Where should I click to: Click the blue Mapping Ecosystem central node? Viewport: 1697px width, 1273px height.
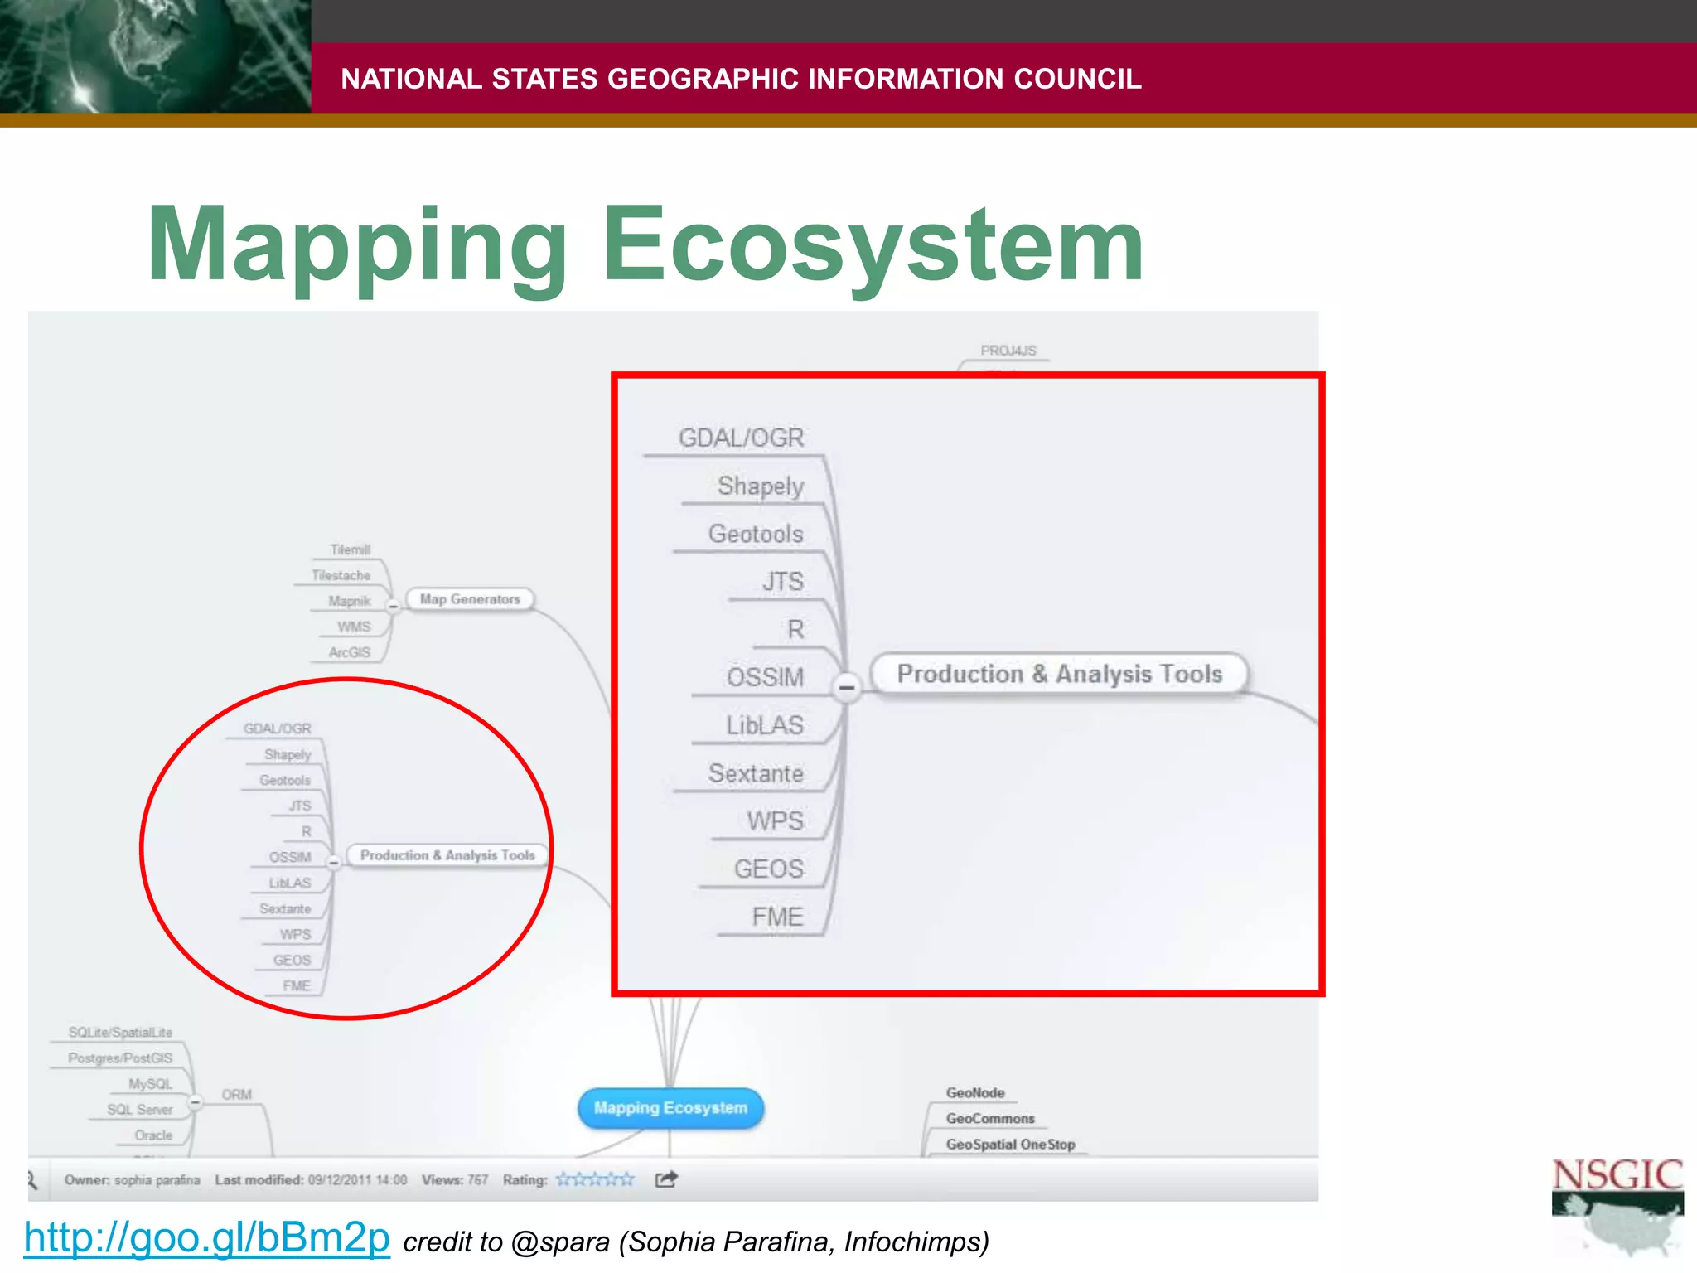pos(670,1108)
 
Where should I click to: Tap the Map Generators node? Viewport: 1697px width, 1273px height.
pos(470,599)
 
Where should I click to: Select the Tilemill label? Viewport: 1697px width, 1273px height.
pos(350,549)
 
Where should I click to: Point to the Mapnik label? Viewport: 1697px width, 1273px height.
pos(349,601)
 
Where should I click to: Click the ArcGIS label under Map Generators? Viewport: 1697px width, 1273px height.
pos(349,652)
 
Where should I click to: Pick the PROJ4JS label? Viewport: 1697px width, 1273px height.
pos(1008,351)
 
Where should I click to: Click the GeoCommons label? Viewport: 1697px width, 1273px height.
pos(990,1118)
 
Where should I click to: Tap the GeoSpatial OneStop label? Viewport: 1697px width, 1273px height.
pos(1010,1144)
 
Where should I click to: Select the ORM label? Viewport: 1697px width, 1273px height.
pos(236,1095)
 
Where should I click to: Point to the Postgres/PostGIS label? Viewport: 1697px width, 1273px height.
pos(120,1058)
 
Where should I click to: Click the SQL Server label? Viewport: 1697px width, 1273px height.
pos(139,1110)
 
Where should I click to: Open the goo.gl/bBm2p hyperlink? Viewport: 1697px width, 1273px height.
pos(206,1237)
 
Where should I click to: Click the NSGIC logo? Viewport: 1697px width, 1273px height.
pos(1617,1206)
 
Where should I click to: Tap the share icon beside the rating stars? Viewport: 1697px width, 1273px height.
pos(666,1179)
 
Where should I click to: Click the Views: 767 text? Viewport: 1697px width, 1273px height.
pos(454,1180)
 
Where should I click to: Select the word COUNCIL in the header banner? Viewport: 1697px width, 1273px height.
pos(1077,79)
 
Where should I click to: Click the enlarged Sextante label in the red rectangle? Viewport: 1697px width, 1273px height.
pos(755,773)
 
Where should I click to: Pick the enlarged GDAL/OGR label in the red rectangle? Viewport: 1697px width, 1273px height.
pos(741,438)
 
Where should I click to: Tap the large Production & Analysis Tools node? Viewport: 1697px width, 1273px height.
pos(1059,674)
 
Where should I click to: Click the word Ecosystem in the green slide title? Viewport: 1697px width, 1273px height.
pos(873,244)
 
